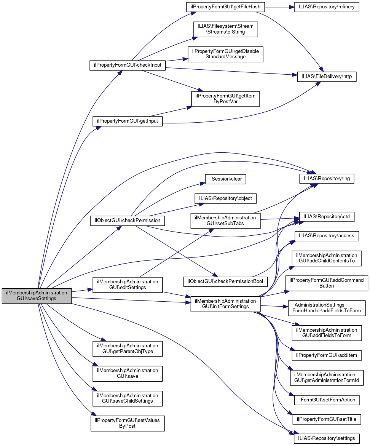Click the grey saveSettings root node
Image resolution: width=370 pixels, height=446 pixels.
(x=37, y=296)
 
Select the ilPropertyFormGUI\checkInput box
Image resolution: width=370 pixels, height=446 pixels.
(x=127, y=65)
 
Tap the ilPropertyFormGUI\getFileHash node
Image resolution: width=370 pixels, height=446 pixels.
(x=225, y=7)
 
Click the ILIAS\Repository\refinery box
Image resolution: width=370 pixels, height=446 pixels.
(x=327, y=7)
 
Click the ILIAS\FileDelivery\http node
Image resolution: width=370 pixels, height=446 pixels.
(x=327, y=77)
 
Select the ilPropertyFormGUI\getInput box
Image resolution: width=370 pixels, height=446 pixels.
(x=128, y=121)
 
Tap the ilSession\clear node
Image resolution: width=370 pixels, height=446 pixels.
(x=225, y=178)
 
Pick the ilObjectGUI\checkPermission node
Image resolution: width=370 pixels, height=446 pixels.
(x=128, y=221)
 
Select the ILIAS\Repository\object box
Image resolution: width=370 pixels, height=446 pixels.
(x=225, y=198)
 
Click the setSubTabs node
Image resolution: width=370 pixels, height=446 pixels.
(x=225, y=221)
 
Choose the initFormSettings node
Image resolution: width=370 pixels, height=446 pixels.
(x=225, y=304)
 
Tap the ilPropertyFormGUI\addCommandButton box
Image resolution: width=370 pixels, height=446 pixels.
(x=327, y=283)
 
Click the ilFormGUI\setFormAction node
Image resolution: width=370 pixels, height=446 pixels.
(x=327, y=400)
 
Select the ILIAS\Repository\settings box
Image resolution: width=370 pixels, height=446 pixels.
(x=327, y=438)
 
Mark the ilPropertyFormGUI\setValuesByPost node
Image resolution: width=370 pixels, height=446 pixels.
(x=127, y=423)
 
